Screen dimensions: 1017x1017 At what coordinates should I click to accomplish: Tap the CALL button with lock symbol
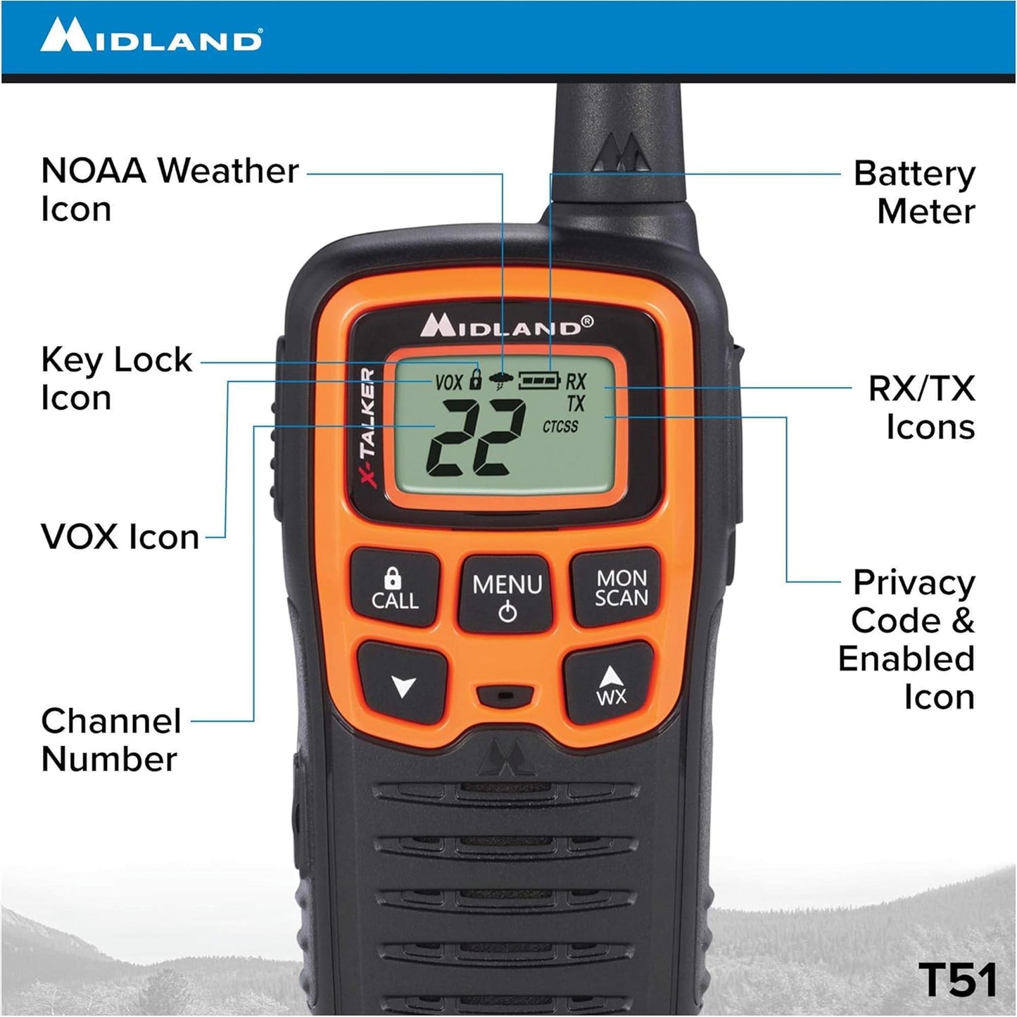[x=395, y=589]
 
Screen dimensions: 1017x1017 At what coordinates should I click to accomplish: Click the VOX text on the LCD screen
[x=448, y=382]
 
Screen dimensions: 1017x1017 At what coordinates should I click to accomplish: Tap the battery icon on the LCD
[x=539, y=381]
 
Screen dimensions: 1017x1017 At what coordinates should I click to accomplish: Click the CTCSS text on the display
[x=560, y=427]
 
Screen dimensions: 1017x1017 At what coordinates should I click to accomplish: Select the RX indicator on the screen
[x=576, y=382]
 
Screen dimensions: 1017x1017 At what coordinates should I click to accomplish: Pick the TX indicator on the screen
[x=576, y=403]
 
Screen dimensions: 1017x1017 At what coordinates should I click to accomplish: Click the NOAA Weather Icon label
[x=170, y=190]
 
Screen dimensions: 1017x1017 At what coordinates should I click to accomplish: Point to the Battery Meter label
[x=915, y=192]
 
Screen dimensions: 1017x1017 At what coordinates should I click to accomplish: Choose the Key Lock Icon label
[x=116, y=379]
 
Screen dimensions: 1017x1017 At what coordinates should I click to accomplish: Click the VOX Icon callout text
[x=120, y=537]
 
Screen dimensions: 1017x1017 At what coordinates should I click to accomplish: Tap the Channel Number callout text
[x=111, y=740]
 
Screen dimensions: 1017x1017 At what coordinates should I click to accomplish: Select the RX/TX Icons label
[x=922, y=408]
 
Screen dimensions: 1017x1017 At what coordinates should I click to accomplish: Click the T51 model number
[x=957, y=979]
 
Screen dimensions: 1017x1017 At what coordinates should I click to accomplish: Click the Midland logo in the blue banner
[x=151, y=36]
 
